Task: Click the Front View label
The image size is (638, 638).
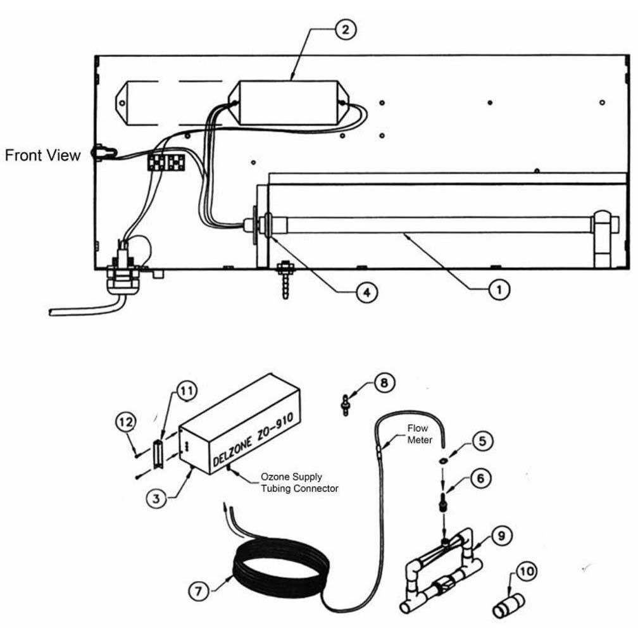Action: pyautogui.click(x=43, y=155)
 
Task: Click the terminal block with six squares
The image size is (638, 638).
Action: pyautogui.click(x=166, y=161)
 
